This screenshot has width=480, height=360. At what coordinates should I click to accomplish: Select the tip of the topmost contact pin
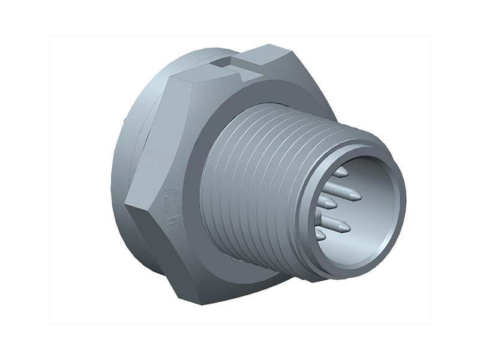[x=343, y=172]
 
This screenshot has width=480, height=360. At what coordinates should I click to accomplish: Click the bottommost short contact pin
[x=322, y=235]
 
